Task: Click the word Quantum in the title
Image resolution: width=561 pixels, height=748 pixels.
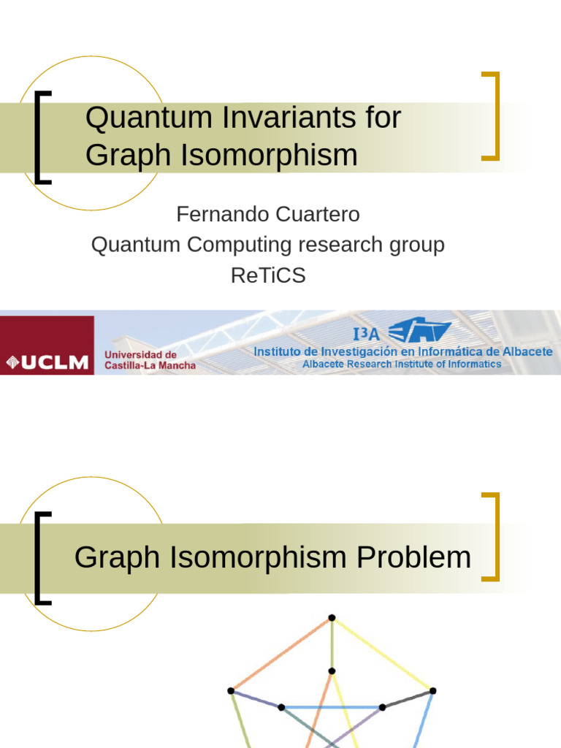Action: coord(148,118)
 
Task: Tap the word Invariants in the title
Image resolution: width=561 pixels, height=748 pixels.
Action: coord(289,118)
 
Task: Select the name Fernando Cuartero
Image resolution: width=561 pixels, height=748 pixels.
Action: coord(268,214)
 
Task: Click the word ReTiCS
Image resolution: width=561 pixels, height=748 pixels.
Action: coord(268,275)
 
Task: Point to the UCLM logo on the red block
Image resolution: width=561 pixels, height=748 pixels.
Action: coord(47,362)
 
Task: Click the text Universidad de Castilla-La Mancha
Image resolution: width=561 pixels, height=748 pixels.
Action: coord(150,360)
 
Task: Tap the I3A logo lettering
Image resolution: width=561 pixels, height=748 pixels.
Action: coord(367,334)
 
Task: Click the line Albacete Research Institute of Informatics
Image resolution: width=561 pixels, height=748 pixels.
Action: coord(402,364)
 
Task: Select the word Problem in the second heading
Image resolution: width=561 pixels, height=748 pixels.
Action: coord(413,557)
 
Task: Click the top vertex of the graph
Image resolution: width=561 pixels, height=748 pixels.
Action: coord(332,618)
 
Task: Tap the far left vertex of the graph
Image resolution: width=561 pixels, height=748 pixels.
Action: coord(231,691)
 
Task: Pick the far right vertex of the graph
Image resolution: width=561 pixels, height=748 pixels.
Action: coord(432,691)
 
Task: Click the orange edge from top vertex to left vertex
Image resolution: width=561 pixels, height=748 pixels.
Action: coord(281,654)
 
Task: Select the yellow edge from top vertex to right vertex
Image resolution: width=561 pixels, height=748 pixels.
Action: coord(383,654)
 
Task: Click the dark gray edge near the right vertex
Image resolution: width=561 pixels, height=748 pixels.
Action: coord(408,699)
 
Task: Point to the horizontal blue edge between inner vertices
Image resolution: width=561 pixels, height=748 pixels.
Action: coord(332,707)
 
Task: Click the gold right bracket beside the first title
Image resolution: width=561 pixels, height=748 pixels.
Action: coord(497,116)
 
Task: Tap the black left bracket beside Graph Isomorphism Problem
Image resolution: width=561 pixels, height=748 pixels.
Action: coord(37,558)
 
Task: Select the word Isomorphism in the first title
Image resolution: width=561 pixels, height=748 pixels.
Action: coord(269,155)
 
